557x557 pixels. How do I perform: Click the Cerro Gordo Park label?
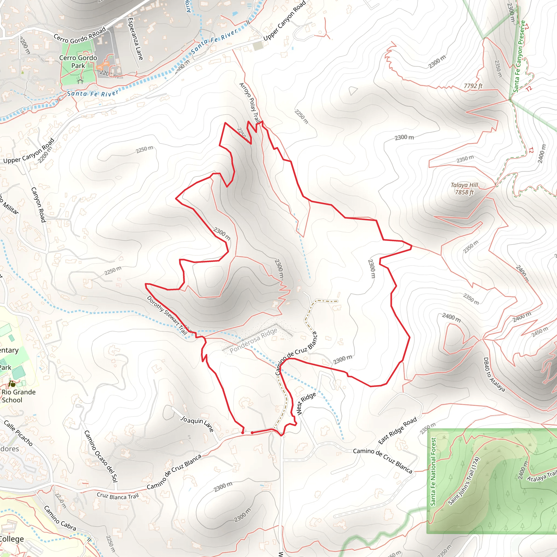click(x=78, y=62)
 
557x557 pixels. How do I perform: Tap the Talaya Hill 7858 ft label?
click(x=464, y=188)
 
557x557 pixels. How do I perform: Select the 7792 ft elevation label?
click(x=473, y=86)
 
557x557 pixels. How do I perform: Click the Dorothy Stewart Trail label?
click(x=167, y=315)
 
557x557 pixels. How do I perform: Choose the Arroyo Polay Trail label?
click(x=250, y=103)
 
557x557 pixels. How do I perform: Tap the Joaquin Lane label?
click(x=197, y=423)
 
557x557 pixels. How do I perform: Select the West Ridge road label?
click(x=306, y=404)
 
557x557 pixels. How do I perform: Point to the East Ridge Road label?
click(x=398, y=431)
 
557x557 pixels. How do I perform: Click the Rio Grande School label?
click(x=18, y=396)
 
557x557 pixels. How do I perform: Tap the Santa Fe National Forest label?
click(x=433, y=472)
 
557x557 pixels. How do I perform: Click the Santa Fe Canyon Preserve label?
click(x=519, y=56)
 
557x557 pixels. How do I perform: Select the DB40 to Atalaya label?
click(x=494, y=375)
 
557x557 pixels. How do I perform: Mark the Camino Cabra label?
click(x=60, y=518)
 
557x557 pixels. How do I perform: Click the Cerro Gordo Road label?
click(x=80, y=35)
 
